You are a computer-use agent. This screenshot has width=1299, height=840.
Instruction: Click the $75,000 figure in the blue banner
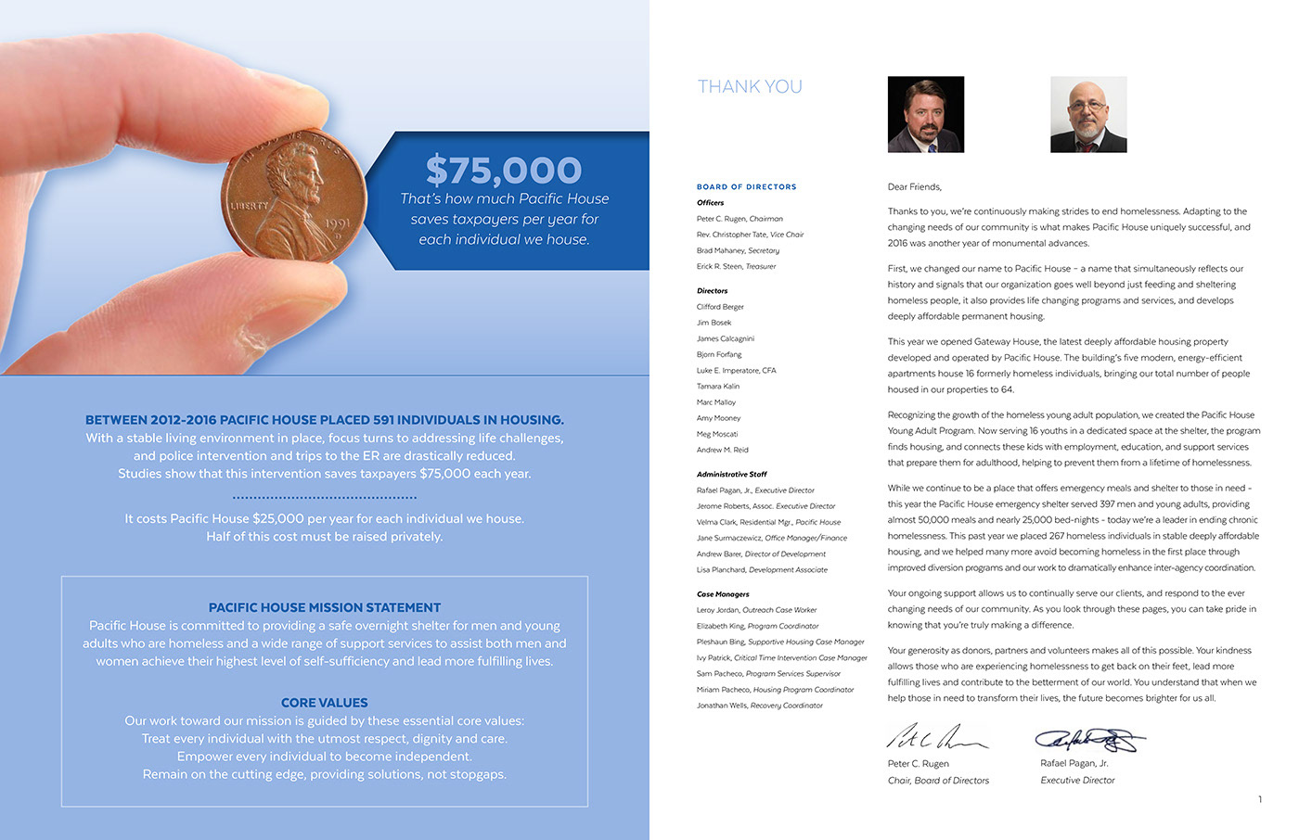click(504, 171)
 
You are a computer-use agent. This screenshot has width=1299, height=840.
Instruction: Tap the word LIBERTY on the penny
click(249, 205)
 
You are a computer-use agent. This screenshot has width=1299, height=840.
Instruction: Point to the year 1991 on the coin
click(337, 223)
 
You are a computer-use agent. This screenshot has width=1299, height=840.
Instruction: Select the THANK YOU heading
click(750, 87)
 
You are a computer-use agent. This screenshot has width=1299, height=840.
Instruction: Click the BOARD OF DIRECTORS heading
click(746, 187)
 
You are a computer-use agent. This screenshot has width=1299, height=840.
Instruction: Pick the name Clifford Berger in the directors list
click(720, 307)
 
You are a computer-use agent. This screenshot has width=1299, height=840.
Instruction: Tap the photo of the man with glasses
click(1088, 114)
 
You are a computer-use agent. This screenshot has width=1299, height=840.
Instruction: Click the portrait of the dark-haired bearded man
click(926, 114)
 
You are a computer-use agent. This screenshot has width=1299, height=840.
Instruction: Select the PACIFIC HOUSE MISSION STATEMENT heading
click(325, 608)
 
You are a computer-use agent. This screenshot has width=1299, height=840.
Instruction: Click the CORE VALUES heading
click(325, 703)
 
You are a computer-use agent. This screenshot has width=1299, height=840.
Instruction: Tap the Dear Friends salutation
click(914, 187)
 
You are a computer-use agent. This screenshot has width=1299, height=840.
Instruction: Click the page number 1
click(1260, 799)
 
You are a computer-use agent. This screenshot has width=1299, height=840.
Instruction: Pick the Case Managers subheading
click(723, 594)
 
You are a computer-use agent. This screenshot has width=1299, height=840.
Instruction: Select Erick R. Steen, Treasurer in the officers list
click(736, 267)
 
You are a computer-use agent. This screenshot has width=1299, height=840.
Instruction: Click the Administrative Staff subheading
click(732, 475)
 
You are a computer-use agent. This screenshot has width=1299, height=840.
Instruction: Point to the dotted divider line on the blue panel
click(325, 498)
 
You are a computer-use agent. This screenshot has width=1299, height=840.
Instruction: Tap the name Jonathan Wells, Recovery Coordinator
click(759, 706)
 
